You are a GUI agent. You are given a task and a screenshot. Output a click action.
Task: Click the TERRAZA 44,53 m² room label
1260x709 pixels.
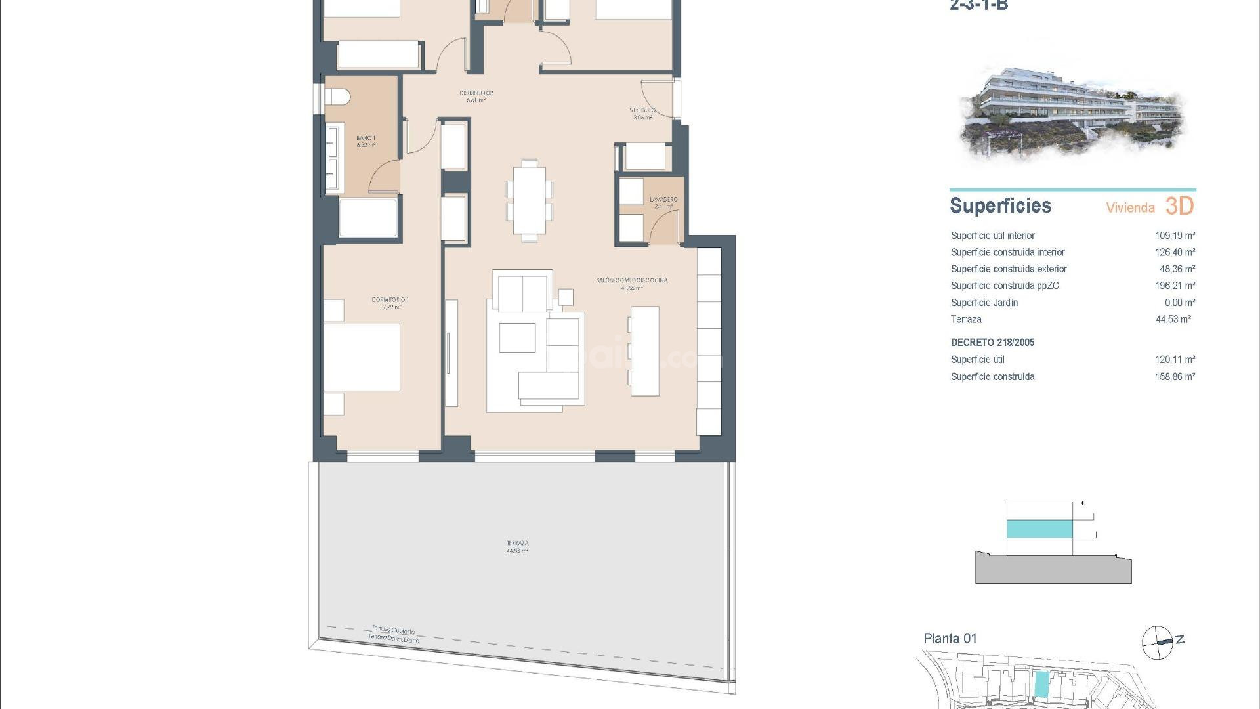(x=517, y=547)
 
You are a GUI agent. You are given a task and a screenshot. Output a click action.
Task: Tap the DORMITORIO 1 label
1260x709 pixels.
(x=390, y=303)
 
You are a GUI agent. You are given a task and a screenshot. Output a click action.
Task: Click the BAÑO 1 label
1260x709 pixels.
(x=366, y=141)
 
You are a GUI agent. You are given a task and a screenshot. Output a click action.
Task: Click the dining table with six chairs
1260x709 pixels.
(x=529, y=200)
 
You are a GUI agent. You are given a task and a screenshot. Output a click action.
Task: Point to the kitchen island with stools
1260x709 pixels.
(x=644, y=351)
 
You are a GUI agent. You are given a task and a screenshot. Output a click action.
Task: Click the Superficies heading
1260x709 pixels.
(x=1000, y=205)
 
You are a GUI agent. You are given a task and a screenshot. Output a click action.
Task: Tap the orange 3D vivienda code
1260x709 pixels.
(x=1179, y=206)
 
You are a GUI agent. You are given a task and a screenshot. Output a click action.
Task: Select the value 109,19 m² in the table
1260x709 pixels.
(x=1175, y=236)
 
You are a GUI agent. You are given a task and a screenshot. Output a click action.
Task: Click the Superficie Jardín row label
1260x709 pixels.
(x=984, y=303)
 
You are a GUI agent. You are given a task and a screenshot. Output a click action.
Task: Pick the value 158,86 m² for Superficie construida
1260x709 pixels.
(x=1175, y=377)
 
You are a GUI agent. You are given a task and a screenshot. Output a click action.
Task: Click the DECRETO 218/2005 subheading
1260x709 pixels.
(x=992, y=343)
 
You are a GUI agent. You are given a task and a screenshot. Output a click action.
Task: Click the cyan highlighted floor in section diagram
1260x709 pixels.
(x=1039, y=528)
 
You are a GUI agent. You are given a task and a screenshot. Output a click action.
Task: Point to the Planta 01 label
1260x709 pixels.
(x=950, y=638)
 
